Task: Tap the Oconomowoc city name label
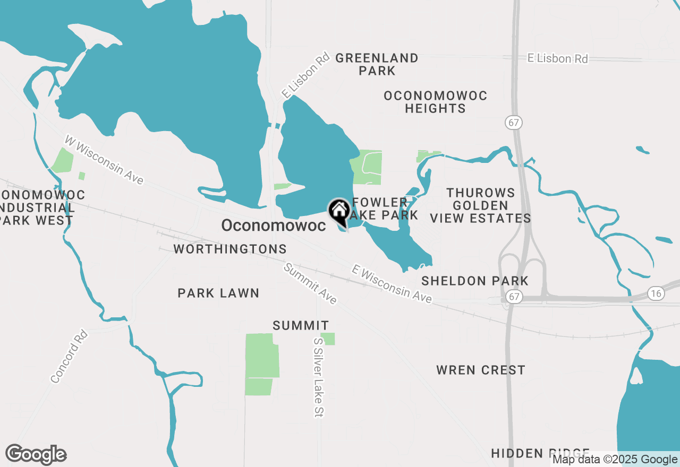(273, 226)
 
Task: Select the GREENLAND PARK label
(377, 64)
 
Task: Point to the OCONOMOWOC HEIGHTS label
(436, 102)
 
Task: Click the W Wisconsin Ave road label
(104, 160)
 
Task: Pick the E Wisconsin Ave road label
(392, 284)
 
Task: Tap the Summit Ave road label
(310, 284)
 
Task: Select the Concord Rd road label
(69, 356)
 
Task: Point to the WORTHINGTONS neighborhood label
(230, 249)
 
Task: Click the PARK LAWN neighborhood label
(218, 293)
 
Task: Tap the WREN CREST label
(481, 370)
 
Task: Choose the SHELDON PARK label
(475, 281)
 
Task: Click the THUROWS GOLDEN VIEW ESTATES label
(480, 205)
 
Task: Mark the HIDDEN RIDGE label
(540, 453)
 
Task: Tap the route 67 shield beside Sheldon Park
(514, 296)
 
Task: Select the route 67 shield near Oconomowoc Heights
(514, 123)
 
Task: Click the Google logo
(36, 455)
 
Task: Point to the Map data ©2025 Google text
(615, 460)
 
